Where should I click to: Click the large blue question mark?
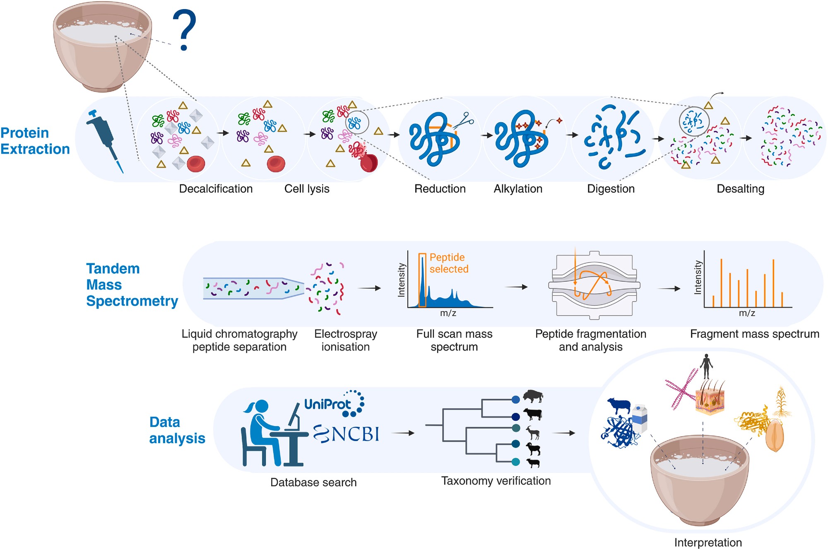point(185,30)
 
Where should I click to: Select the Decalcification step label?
point(216,189)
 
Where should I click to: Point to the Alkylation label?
point(518,189)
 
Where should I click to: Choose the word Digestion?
point(611,189)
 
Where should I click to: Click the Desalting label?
point(740,189)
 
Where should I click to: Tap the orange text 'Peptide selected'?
point(449,263)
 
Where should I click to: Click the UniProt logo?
point(334,403)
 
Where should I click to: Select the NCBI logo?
point(347,434)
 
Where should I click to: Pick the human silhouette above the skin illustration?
point(706,366)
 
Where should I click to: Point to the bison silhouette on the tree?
point(533,396)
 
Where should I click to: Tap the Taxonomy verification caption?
point(496,481)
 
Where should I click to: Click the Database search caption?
point(313,482)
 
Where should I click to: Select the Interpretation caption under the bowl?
point(708,543)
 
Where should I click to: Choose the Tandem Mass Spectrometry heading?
point(132,285)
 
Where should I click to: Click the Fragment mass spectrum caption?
point(754,334)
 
